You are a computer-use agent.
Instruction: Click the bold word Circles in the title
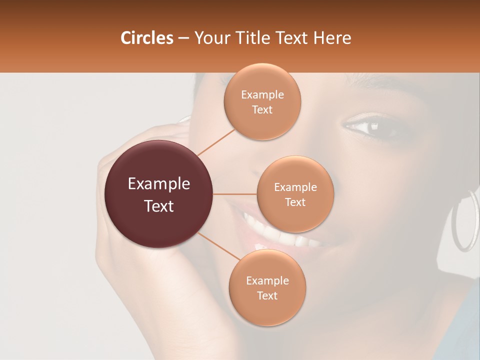pos(147,38)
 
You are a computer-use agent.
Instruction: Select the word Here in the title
pos(332,38)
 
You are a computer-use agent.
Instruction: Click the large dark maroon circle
pos(159,194)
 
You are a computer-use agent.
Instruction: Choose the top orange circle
pos(262,102)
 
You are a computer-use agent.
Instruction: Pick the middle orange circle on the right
pos(295,194)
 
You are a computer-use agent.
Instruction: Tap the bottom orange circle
pos(267,288)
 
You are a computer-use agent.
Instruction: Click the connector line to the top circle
pos(216,141)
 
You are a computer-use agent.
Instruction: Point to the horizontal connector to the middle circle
pos(235,194)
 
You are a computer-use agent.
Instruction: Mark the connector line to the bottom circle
pos(219,246)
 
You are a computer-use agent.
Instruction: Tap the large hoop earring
pos(464,220)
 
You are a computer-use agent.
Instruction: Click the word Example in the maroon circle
pos(159,184)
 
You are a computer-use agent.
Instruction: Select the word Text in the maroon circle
pos(159,205)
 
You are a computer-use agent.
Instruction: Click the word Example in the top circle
pos(262,94)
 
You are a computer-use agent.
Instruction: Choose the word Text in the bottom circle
pos(267,295)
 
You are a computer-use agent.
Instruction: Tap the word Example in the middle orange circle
pos(295,187)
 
